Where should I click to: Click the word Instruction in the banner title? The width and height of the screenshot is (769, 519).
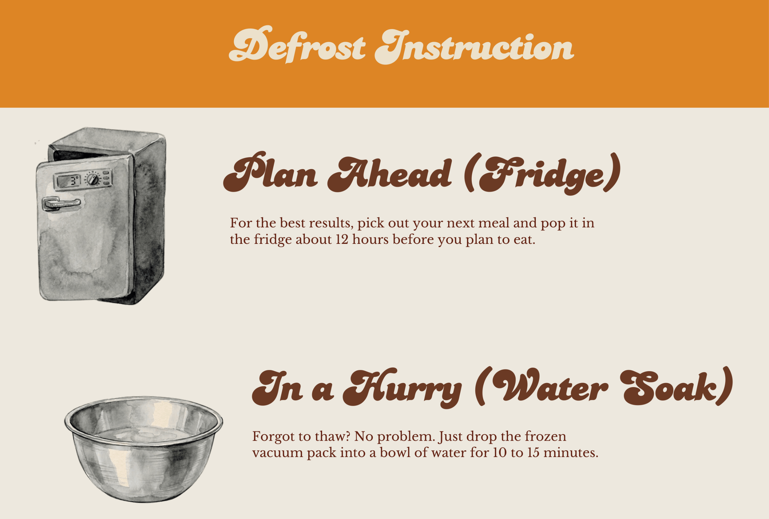(x=474, y=47)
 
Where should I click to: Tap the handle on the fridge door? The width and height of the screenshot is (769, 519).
(x=61, y=204)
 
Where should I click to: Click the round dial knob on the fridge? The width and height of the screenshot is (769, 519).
(x=93, y=179)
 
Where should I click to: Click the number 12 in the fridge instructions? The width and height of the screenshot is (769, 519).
(x=342, y=239)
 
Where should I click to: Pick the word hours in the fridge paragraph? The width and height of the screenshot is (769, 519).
(x=370, y=239)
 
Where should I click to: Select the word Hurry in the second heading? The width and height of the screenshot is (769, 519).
(x=402, y=387)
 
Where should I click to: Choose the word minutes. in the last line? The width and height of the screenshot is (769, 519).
(x=571, y=453)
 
